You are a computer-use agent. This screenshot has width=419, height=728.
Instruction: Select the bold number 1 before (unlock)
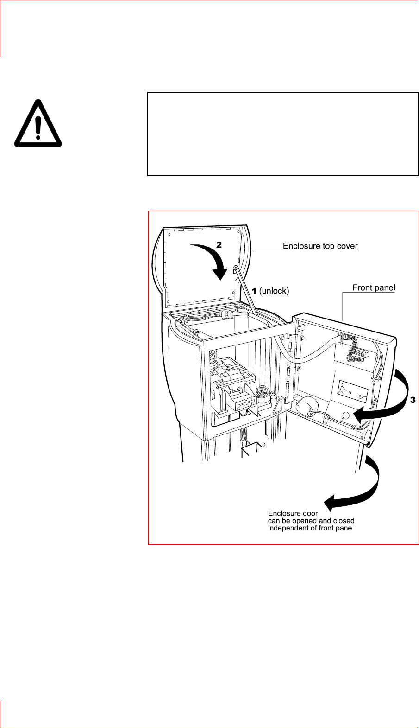[x=254, y=291]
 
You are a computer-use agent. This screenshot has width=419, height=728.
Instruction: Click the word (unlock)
[x=274, y=291]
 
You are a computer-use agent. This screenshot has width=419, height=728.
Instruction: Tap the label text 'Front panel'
[x=374, y=287]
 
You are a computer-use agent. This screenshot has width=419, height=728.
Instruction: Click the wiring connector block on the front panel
[x=354, y=349]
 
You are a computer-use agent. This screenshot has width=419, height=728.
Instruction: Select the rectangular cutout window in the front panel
[x=352, y=390]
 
